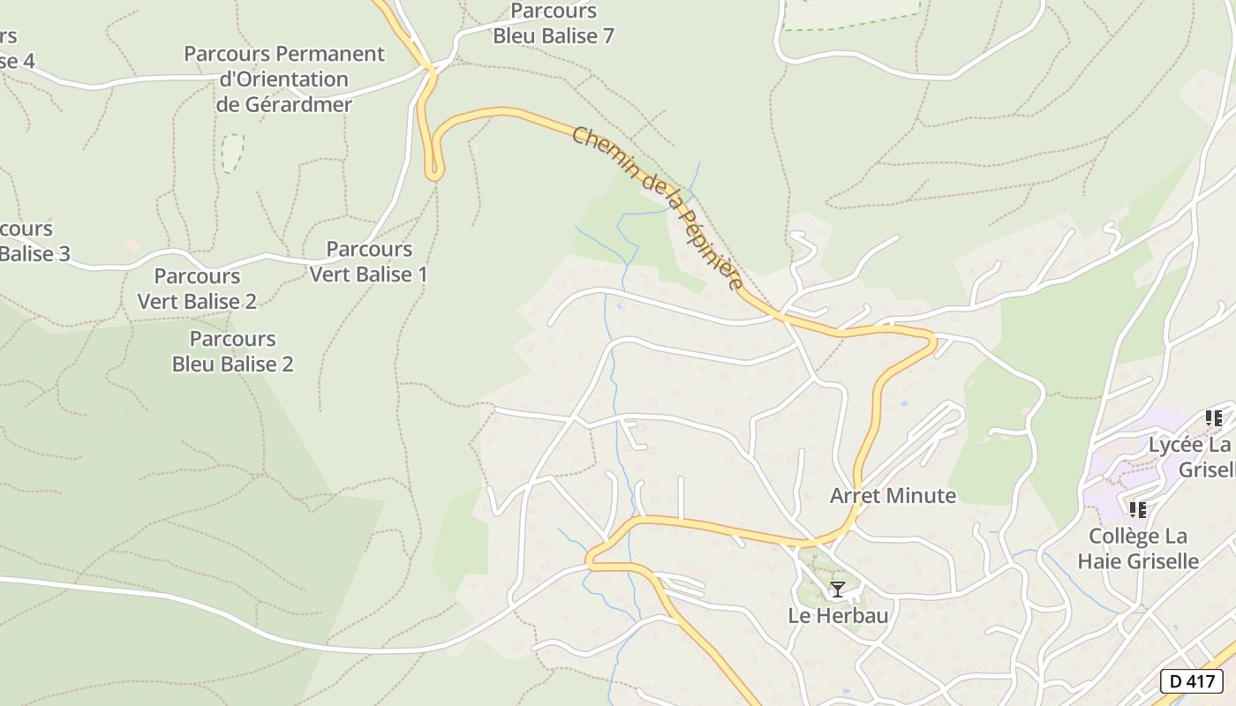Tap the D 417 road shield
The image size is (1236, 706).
tap(1191, 681)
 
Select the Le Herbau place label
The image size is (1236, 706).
tap(838, 616)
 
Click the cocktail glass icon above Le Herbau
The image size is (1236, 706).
tap(838, 590)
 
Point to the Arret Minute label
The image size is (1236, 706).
tap(893, 496)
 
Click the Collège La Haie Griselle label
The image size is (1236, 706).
tap(1138, 549)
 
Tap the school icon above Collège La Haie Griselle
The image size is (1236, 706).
tap(1138, 510)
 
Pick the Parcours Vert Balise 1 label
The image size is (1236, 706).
tap(368, 262)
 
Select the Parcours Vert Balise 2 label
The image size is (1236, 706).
tap(197, 289)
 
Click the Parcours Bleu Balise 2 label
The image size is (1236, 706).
tap(233, 351)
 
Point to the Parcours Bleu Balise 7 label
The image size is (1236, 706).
tap(554, 24)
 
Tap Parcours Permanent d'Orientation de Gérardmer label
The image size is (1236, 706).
tap(284, 79)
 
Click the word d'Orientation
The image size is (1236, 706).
tap(284, 79)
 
